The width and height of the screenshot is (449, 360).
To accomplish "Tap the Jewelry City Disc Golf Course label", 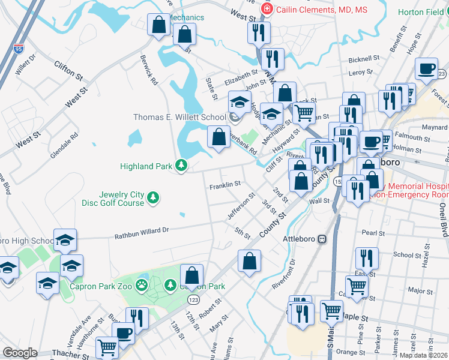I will (x=121, y=199).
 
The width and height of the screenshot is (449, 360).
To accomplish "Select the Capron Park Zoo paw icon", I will (x=142, y=284).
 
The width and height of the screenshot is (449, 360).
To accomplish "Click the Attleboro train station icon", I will (x=322, y=239).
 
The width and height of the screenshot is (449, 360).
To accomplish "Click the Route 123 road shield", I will (x=193, y=299).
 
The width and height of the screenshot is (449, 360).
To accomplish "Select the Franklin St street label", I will (x=224, y=186).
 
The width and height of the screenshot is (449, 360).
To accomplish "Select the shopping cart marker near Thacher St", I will (x=107, y=347).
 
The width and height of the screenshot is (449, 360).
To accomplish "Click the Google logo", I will (x=20, y=353).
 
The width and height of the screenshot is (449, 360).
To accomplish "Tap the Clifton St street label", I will (x=68, y=70).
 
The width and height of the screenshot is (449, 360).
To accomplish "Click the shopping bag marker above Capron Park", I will (x=192, y=276).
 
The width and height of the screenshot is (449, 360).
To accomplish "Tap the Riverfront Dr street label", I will (x=285, y=274).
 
